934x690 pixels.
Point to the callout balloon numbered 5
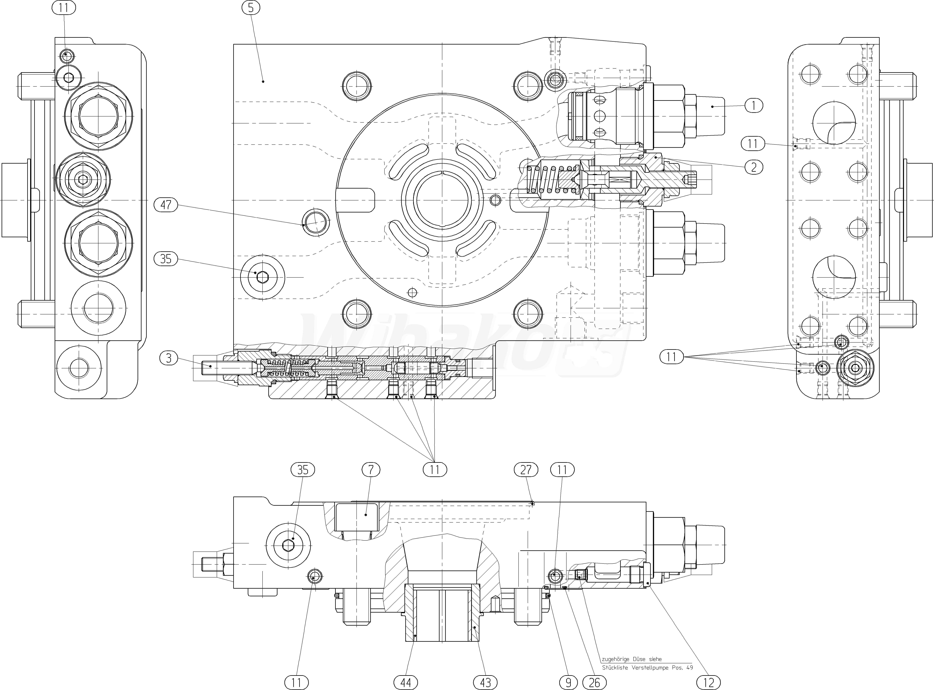point(250,8)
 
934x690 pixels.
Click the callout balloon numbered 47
point(166,205)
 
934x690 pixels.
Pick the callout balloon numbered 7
point(371,470)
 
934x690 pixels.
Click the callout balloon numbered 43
point(485,682)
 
